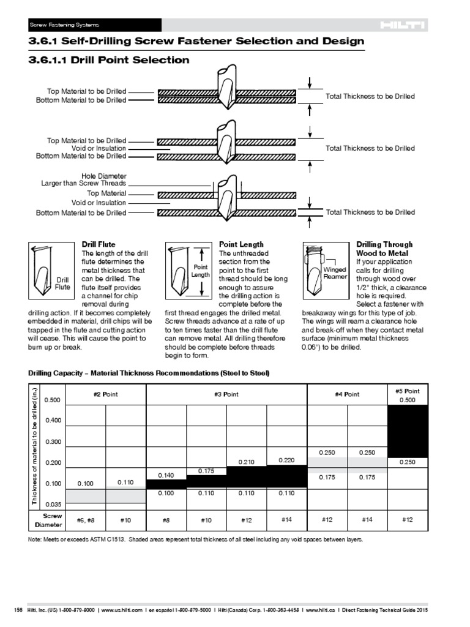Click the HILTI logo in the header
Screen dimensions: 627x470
click(x=402, y=25)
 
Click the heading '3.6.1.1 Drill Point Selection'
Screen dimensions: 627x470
click(x=109, y=60)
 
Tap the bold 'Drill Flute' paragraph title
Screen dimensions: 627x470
click(x=99, y=244)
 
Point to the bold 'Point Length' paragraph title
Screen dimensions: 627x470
click(x=241, y=244)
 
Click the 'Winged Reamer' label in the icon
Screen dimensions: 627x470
click(x=335, y=273)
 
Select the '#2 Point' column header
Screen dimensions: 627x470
click(x=105, y=394)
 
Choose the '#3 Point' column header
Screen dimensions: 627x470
click(x=226, y=394)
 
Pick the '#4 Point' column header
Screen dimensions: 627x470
click(x=347, y=394)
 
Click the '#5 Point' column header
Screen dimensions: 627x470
click(x=408, y=391)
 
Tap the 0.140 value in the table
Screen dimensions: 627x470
click(x=166, y=475)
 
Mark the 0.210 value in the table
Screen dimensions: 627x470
click(x=247, y=462)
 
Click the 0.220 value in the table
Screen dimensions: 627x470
click(x=286, y=459)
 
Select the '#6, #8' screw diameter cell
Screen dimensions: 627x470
click(x=85, y=520)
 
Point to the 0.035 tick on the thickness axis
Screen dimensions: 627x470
click(x=53, y=505)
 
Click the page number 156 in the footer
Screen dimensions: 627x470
click(x=18, y=610)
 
